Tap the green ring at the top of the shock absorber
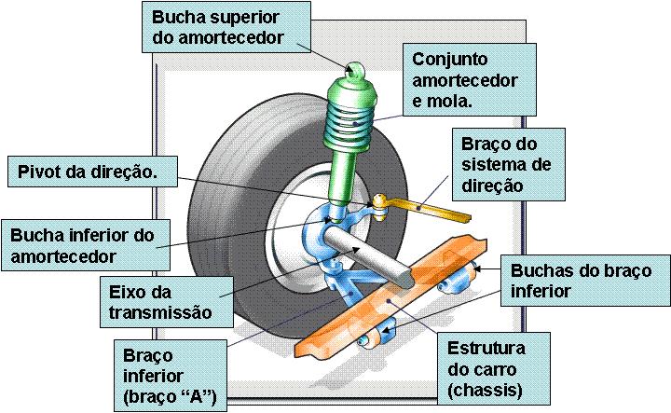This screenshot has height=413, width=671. [x=355, y=69]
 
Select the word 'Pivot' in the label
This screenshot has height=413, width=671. [x=38, y=172]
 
